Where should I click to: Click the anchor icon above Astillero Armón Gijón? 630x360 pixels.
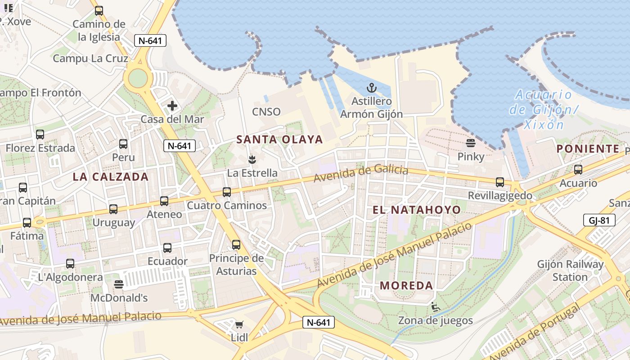(x=371, y=88)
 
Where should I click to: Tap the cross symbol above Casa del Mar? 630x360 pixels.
(x=172, y=106)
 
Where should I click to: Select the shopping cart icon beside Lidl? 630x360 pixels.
(x=239, y=324)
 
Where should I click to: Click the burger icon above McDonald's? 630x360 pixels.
(x=119, y=284)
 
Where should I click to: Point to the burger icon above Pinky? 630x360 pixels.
(x=471, y=144)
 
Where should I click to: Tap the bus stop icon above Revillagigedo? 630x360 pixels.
(x=500, y=182)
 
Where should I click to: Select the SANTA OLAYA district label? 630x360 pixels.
(x=280, y=139)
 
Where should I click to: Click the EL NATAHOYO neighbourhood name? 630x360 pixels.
(x=417, y=210)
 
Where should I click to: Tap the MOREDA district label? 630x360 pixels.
(x=406, y=285)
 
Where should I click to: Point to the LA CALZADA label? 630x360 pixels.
(x=111, y=177)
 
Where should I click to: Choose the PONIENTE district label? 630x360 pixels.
(x=588, y=149)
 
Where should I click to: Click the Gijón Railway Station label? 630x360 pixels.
(x=570, y=270)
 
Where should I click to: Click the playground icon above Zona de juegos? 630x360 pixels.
(x=435, y=307)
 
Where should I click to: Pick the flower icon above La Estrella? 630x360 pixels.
(x=252, y=159)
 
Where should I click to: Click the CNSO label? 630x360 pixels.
(x=266, y=112)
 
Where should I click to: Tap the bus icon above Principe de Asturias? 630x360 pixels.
(x=236, y=245)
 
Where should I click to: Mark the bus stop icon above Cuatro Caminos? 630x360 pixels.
(x=227, y=192)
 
